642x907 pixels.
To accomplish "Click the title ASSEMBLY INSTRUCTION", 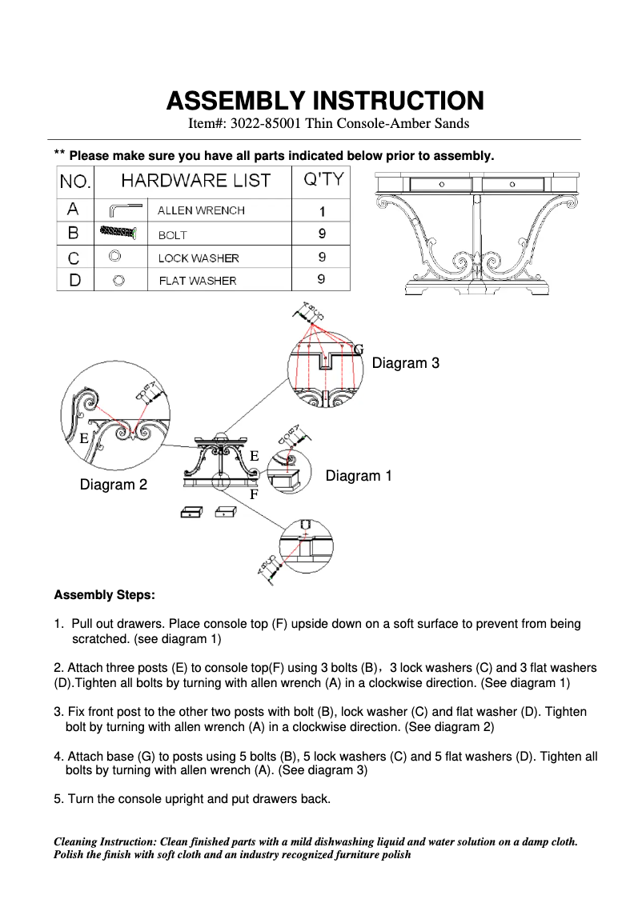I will coord(324,101).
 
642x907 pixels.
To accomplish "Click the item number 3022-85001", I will coord(269,123).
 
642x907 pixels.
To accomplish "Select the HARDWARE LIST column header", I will coord(195,180).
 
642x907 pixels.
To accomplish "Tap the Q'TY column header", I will coord(321,179).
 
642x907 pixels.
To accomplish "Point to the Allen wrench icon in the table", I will coord(123,210).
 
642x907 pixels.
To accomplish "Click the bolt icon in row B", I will coord(119,233).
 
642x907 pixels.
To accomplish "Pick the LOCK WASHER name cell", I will coord(199,258).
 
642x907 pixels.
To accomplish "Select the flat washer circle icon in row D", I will coord(118,281).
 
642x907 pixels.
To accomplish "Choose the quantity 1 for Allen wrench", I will coord(322,211).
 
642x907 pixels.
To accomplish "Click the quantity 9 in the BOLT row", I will coord(322,234).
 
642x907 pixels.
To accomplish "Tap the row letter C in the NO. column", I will coord(74,258).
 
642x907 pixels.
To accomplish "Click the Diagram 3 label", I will coord(405,363).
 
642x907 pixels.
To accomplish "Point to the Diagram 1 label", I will coord(359,476).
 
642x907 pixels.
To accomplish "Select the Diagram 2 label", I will coord(113,485).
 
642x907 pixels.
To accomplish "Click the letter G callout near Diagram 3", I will coord(359,350).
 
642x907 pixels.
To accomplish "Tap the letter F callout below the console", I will coord(254,494).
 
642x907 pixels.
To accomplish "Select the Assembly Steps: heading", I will coord(104,595).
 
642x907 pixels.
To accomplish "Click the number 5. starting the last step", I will coord(58,798).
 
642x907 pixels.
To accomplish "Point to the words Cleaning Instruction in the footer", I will coord(105,842).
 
